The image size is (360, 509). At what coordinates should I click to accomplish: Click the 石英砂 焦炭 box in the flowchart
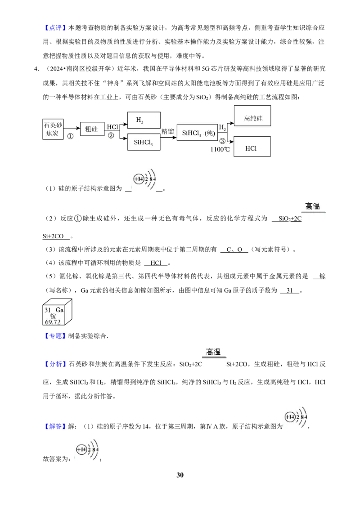pos(53,129)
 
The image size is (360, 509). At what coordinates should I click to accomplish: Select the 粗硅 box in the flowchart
pos(92,129)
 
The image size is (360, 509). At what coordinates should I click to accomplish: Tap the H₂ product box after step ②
pos(144,120)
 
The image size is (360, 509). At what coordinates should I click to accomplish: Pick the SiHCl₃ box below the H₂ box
pos(144,142)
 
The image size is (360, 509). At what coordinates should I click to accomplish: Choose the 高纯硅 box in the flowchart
pos(252,116)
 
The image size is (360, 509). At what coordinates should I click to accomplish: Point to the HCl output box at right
pos(252,147)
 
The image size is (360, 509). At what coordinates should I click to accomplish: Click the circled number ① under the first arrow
pos(70,136)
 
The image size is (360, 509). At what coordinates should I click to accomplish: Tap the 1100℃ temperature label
pos(220,150)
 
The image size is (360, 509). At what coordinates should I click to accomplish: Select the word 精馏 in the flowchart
pos(168,131)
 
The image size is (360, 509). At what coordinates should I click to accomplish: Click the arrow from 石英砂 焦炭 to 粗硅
pos(72,128)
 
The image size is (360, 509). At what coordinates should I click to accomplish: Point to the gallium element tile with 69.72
pos(57,312)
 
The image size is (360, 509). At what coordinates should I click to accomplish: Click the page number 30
pos(180,475)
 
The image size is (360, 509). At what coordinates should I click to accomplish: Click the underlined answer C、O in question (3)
pos(234,250)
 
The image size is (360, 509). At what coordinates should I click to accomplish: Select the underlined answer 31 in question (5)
pos(289,290)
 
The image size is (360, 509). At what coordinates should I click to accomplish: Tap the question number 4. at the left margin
pos(37,69)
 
